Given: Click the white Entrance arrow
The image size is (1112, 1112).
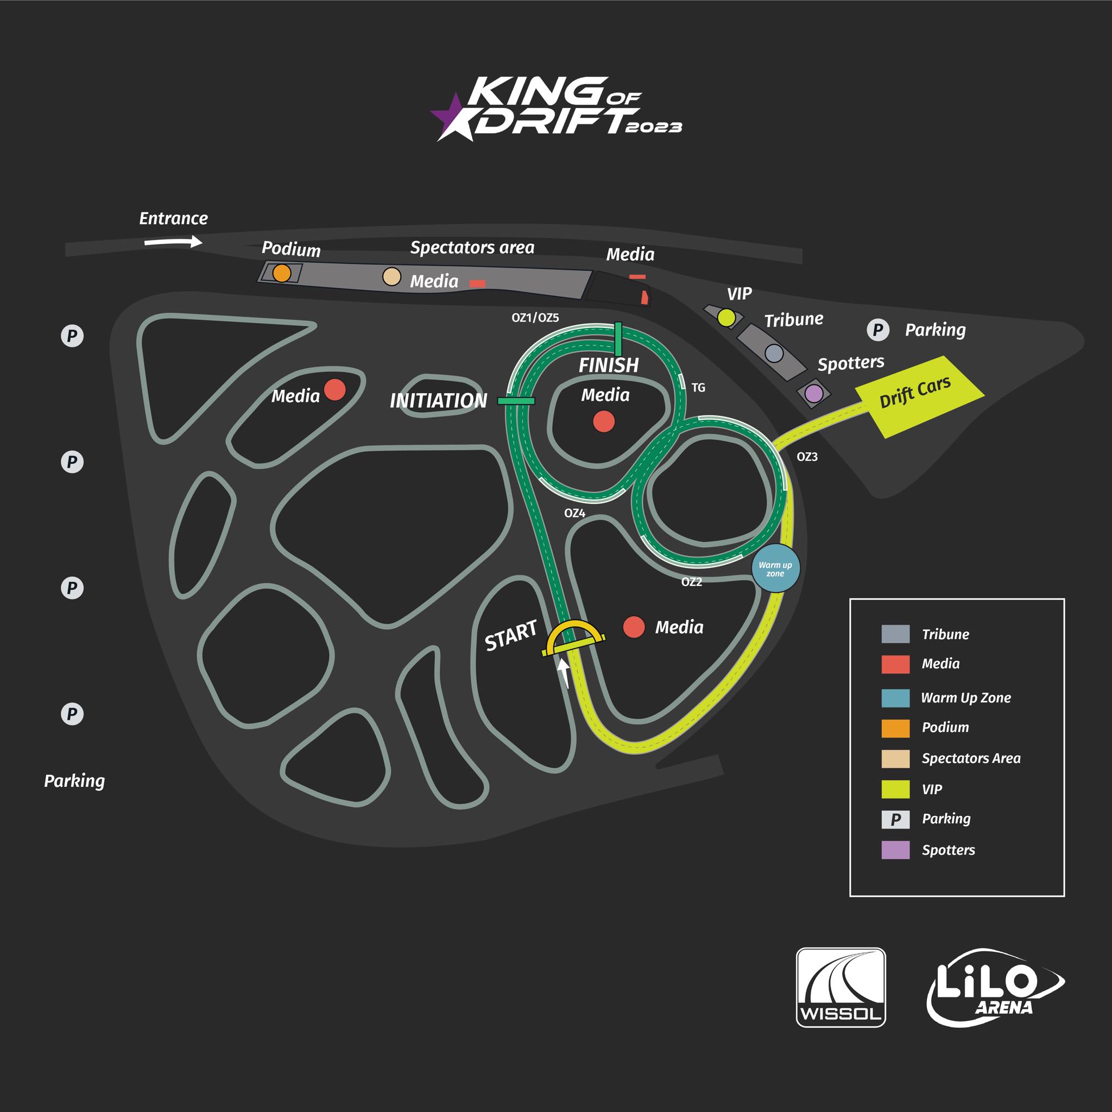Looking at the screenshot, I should (173, 242).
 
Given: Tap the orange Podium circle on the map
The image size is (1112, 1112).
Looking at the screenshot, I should (281, 273).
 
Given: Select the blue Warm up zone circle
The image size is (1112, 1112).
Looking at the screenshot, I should (775, 568).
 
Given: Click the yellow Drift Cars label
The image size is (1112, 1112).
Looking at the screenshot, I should (915, 393).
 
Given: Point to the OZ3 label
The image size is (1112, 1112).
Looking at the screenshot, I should (807, 457).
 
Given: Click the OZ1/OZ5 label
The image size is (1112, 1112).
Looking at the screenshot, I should (535, 318).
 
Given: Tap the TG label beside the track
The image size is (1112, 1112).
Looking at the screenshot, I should (698, 388).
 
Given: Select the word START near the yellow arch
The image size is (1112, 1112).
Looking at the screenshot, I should (510, 635).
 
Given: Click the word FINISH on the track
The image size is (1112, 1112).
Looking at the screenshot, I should (608, 365).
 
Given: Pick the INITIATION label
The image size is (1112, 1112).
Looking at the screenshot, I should (438, 401).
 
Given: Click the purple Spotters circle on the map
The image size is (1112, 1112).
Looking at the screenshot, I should (814, 394).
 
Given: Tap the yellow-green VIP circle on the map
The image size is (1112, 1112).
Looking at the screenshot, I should (727, 317).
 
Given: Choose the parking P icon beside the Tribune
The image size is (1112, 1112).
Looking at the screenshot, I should (878, 330).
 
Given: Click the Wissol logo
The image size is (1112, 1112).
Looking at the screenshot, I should (841, 988).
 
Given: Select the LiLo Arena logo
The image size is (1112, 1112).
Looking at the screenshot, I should (996, 988).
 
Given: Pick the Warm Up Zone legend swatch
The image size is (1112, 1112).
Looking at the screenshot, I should (895, 698).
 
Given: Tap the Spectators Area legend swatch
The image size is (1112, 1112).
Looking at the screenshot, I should (895, 759).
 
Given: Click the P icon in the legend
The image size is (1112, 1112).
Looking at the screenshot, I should (895, 819).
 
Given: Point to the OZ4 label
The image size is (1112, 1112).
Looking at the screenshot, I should (574, 513).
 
